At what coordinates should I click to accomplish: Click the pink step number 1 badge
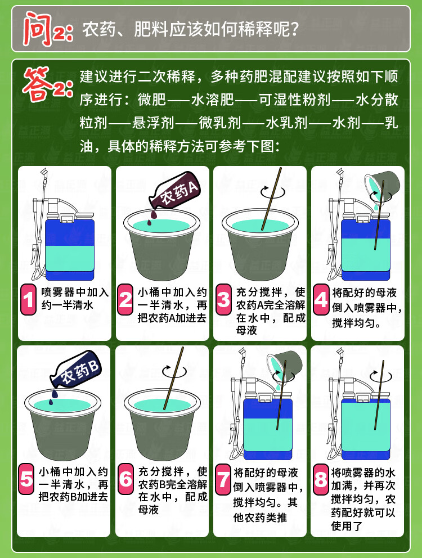28,299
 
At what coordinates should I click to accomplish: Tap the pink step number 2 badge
125,299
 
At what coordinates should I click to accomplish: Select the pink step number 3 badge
223,299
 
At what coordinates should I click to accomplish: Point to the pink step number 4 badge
321,299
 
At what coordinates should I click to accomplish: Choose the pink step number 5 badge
26,479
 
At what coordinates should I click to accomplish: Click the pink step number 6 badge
125,479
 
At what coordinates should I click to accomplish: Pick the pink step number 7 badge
223,479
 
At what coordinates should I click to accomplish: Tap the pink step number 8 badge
321,479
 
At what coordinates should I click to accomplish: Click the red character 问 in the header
38,29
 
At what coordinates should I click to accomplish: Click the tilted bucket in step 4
383,187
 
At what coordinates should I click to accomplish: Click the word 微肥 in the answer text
152,100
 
